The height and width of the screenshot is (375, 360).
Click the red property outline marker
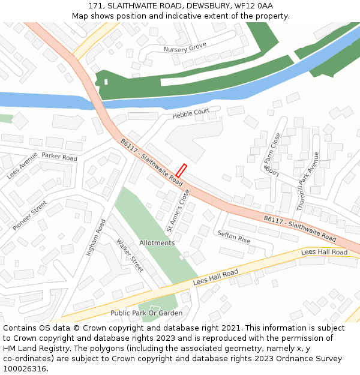coord(181,170)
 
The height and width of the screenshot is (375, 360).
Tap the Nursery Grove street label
coord(185,47)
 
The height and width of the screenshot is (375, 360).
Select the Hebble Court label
coord(191,113)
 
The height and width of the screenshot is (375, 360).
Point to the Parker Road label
coord(59,157)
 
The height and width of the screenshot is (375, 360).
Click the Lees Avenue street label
coord(22,166)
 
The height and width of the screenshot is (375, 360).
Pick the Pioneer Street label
coord(30,215)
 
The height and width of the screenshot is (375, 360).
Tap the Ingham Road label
coord(95,238)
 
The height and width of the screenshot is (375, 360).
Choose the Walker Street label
coord(130,256)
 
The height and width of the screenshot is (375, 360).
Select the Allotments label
coord(157,243)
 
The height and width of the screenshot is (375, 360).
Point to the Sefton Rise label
coord(234,236)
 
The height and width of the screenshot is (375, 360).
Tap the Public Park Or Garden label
coord(146,313)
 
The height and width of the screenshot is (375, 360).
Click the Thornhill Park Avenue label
coord(308,181)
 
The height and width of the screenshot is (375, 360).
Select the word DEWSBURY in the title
coord(206,5)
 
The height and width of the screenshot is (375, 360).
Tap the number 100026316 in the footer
coord(24,369)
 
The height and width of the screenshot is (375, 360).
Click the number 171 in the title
coord(95,5)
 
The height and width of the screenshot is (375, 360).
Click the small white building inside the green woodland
coord(106,82)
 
